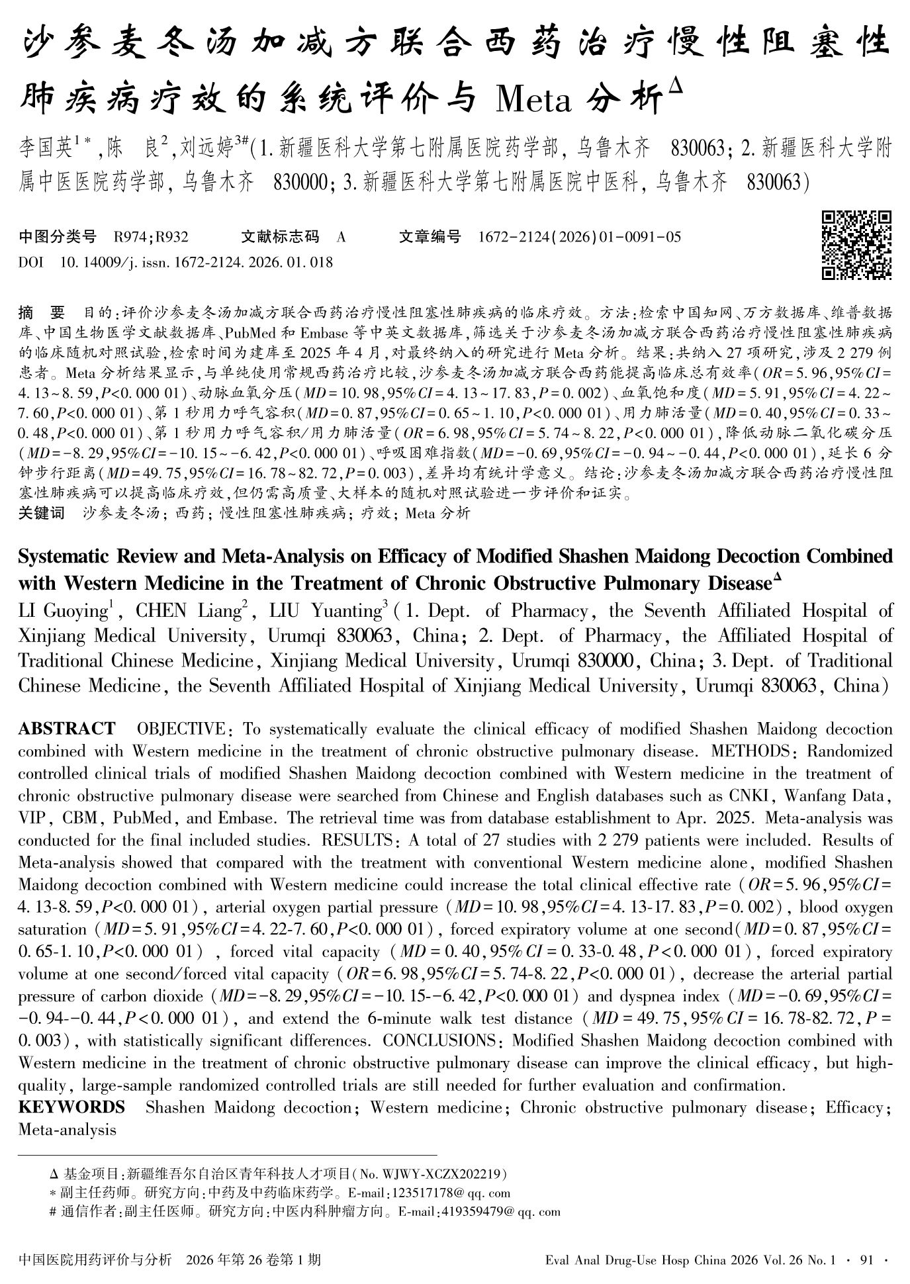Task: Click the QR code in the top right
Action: coord(856,246)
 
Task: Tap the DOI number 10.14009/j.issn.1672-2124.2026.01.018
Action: coord(196,263)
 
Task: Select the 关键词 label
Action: coord(41,514)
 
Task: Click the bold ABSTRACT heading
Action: coord(66,729)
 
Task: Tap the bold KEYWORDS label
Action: coord(71,1107)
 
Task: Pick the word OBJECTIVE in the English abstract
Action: coord(181,729)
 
